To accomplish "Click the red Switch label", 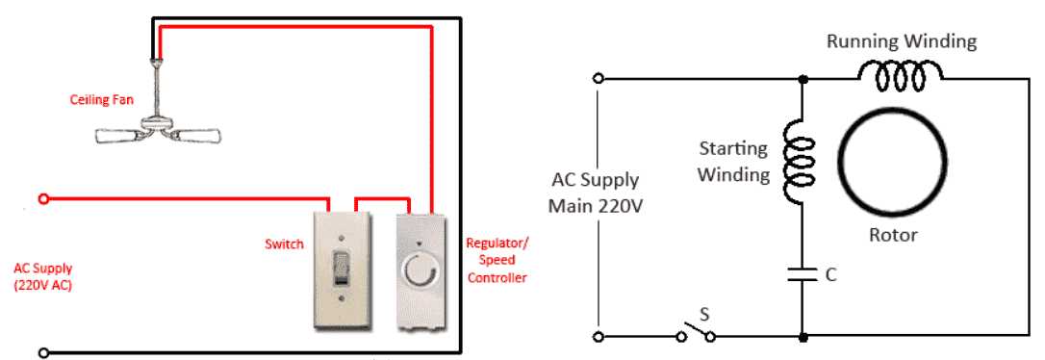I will (285, 244).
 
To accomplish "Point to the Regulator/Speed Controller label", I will (497, 261).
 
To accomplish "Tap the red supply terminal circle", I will (42, 199).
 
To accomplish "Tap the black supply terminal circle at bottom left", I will (42, 352).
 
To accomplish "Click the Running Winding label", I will (903, 41).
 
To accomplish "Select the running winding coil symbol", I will (901, 73).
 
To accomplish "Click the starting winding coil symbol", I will (801, 163).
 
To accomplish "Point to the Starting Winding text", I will (733, 162).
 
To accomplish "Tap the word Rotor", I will (892, 235).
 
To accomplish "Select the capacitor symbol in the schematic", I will (801, 275).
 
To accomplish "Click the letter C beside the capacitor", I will (830, 275).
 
